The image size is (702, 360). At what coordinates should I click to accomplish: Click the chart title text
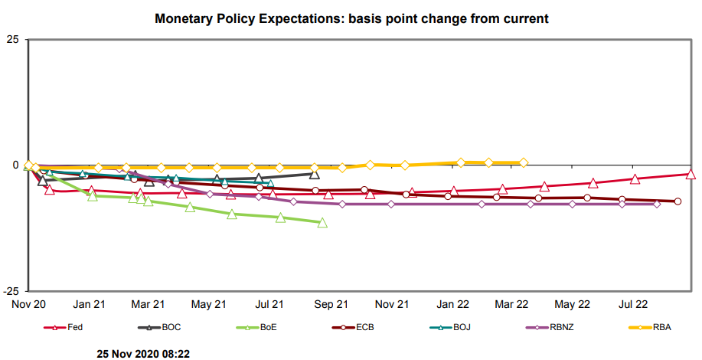point(351,18)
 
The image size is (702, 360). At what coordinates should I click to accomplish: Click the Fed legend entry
point(74,327)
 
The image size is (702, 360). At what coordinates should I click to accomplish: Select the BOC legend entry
point(170,327)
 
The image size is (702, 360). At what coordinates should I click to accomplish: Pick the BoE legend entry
point(268,327)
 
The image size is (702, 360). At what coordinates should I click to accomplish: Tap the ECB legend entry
point(363,327)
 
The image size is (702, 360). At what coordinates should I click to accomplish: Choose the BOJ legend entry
point(461,327)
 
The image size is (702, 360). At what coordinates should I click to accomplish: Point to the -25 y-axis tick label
point(11,291)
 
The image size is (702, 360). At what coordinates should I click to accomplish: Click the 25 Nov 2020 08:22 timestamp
point(143,354)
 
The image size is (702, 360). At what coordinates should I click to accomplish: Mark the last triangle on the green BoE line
point(322,223)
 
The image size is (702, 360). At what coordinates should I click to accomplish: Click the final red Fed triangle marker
point(691,174)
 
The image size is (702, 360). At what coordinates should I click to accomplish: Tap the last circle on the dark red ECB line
point(678,201)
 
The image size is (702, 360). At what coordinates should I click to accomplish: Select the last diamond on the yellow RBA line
point(524,162)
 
